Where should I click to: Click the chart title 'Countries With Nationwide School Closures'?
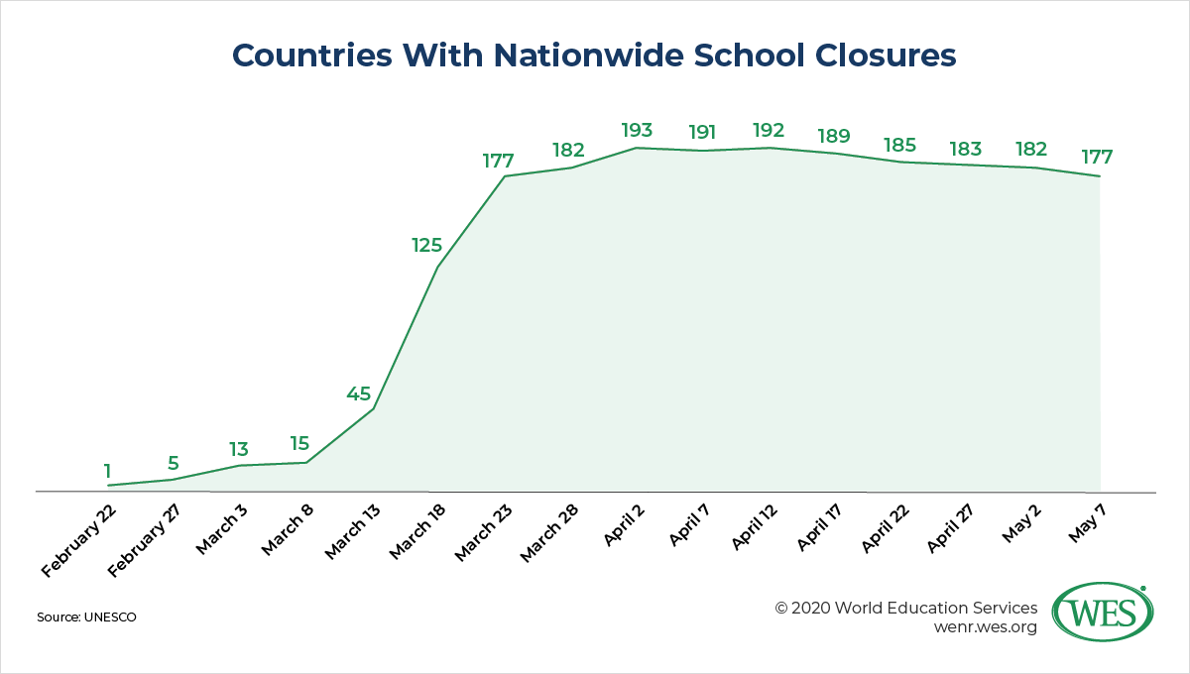[594, 56]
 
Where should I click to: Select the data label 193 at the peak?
[637, 131]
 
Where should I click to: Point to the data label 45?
[358, 393]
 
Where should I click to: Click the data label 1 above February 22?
[107, 470]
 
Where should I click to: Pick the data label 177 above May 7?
[1097, 158]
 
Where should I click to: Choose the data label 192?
[769, 130]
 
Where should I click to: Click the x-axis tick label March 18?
[417, 531]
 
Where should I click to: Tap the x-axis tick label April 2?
[624, 524]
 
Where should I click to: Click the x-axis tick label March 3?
[220, 527]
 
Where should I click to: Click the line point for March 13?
[373, 409]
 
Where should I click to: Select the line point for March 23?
[505, 176]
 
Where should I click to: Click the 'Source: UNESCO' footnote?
[86, 617]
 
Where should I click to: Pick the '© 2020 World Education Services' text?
[906, 608]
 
